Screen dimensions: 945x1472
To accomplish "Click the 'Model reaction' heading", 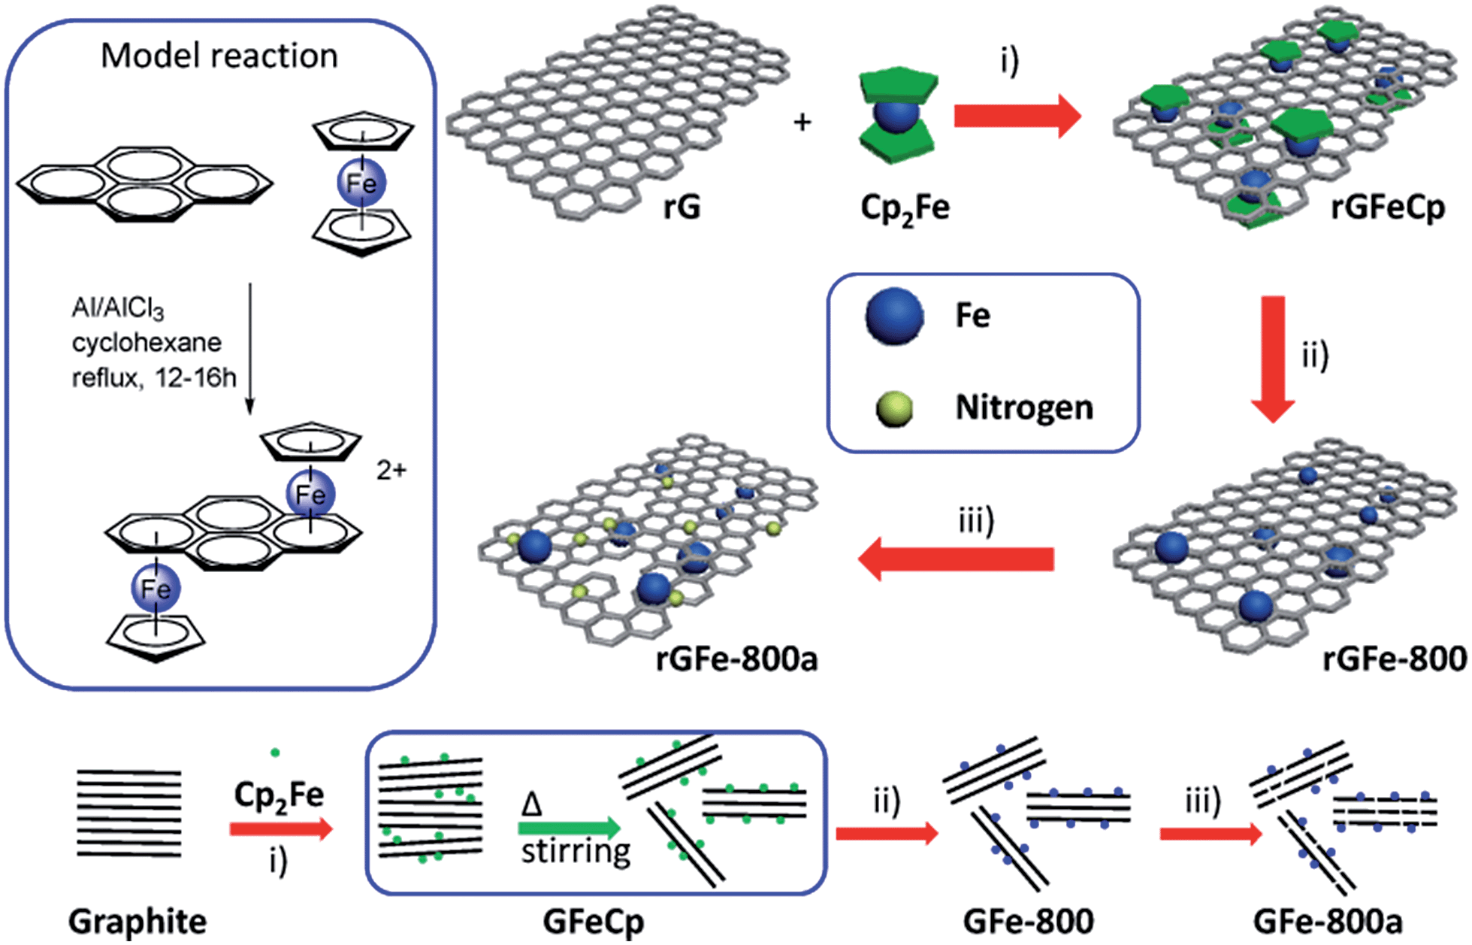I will pos(219,56).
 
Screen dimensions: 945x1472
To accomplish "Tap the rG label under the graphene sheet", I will pos(682,207).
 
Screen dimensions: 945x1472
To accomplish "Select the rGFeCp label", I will pos(1387,207).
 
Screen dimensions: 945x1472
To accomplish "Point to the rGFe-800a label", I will pos(736,659).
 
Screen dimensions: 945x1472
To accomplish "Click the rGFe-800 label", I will pos(1395,659).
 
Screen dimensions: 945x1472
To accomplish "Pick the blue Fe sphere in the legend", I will pos(894,317).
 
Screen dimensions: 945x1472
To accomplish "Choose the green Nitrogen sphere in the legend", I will pos(894,409).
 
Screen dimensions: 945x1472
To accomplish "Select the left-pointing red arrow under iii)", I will pos(956,559).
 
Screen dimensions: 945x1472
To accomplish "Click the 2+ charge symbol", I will pos(391,471).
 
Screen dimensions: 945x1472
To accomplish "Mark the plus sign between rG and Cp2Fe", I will pos(802,122).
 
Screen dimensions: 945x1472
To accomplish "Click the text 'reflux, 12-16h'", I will pos(154,377).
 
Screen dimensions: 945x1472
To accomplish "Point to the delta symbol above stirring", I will pos(532,804).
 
